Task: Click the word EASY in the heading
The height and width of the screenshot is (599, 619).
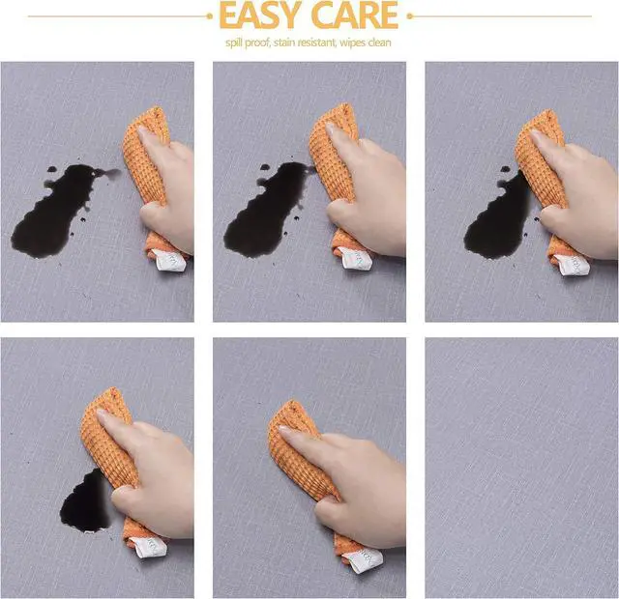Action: pyautogui.click(x=259, y=15)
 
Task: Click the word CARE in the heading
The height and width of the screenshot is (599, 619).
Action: pyautogui.click(x=355, y=15)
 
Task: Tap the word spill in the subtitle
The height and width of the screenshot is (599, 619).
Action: pyautogui.click(x=234, y=43)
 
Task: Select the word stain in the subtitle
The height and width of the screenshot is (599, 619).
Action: pyautogui.click(x=284, y=43)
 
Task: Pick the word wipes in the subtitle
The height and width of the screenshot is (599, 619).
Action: pyautogui.click(x=352, y=43)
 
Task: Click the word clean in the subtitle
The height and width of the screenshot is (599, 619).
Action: pyautogui.click(x=379, y=43)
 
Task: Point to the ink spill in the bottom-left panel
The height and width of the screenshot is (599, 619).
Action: pyautogui.click(x=85, y=500)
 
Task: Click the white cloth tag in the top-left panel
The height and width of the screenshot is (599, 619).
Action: pyautogui.click(x=170, y=260)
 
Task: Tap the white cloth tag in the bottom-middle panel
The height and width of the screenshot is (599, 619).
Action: pyautogui.click(x=363, y=560)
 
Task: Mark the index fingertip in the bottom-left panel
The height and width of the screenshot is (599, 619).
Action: pyautogui.click(x=101, y=414)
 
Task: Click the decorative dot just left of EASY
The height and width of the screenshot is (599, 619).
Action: pyautogui.click(x=210, y=16)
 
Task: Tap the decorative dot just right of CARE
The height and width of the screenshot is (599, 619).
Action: pyautogui.click(x=409, y=16)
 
